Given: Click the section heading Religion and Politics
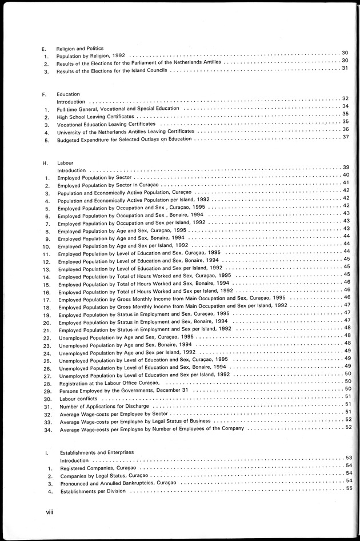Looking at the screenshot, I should [79, 49].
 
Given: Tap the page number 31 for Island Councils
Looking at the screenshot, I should [345, 68].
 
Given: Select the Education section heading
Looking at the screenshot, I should [68, 94].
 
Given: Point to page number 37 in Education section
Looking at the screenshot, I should [345, 137].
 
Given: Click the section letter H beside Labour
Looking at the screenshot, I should [45, 163].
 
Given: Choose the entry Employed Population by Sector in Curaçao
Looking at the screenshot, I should [109, 186].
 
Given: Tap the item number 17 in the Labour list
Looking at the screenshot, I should [47, 299].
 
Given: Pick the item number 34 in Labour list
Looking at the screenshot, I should [47, 428].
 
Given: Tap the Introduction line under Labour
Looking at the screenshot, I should [72, 170].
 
